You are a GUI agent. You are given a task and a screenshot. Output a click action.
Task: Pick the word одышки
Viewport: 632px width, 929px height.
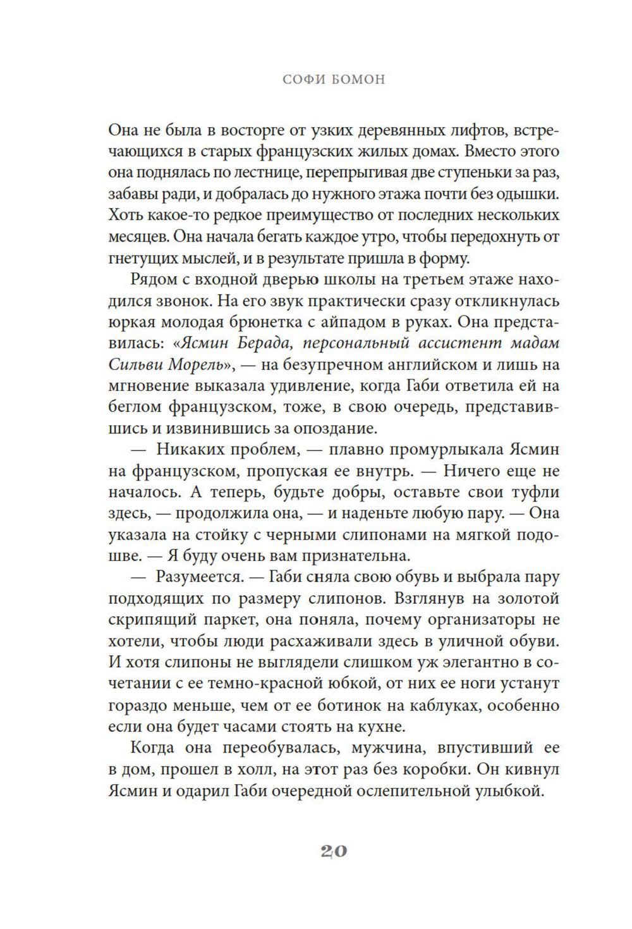(x=530, y=194)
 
